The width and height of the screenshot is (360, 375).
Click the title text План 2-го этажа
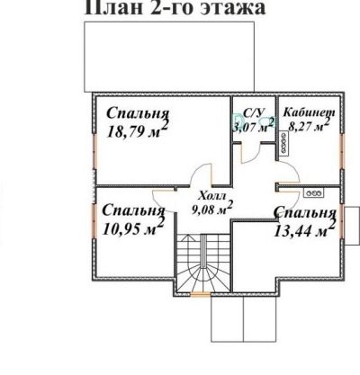(175, 7)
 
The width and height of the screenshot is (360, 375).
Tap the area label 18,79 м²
(137, 129)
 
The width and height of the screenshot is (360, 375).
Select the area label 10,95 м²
(133, 228)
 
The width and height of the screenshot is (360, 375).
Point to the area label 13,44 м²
(304, 229)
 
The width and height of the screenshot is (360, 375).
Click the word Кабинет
(309, 112)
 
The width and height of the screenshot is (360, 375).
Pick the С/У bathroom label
(254, 112)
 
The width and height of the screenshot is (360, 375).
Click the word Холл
(211, 196)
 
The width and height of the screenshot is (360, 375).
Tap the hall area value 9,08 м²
(212, 209)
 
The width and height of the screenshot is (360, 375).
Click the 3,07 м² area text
(254, 126)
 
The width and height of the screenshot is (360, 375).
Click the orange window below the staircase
(201, 295)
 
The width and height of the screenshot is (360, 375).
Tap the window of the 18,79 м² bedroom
(94, 151)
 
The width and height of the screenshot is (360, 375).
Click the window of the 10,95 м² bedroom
(94, 221)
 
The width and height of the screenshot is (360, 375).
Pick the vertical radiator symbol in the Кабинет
(283, 142)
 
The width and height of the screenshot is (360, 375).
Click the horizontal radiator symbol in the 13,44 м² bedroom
(313, 193)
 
